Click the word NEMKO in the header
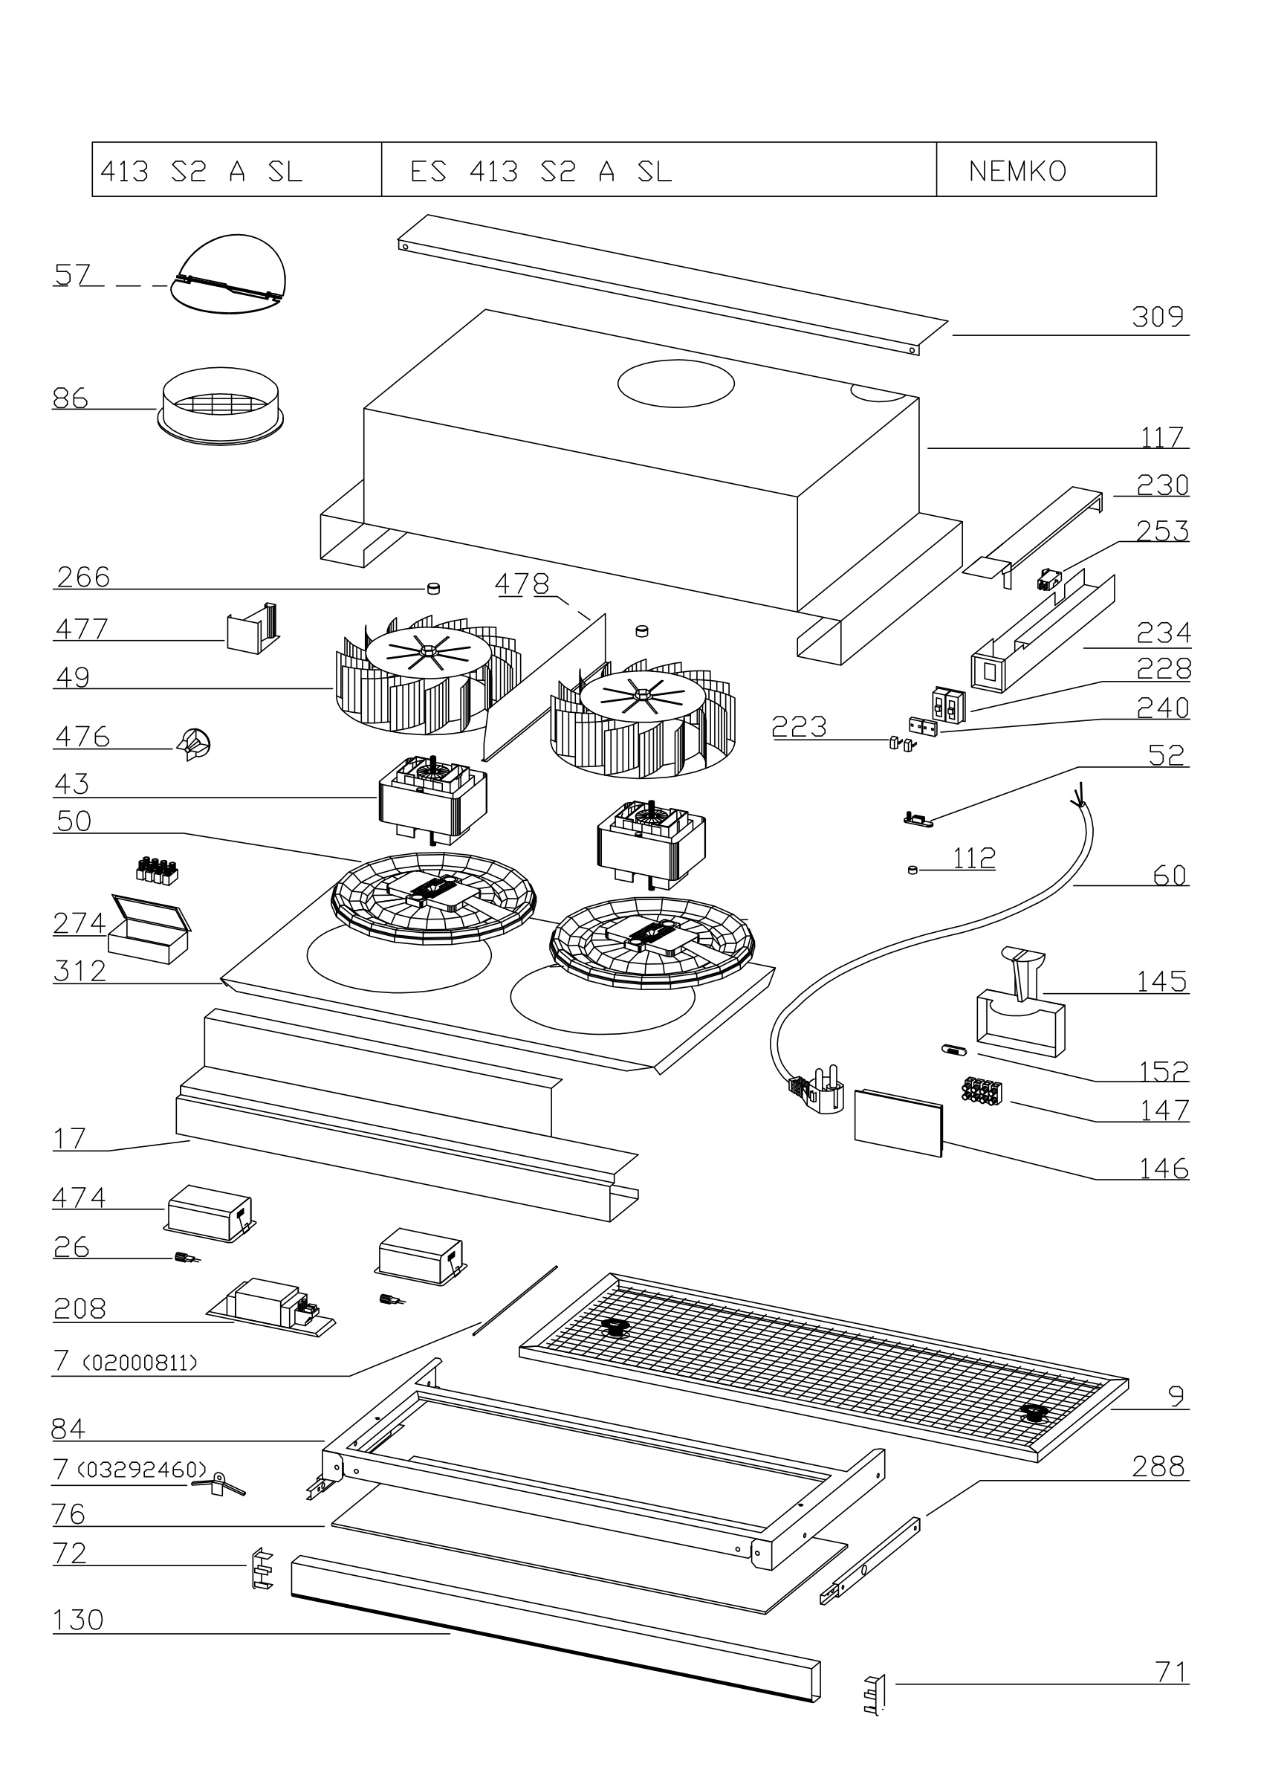(x=1017, y=171)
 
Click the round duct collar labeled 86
(x=221, y=407)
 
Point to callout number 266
(x=84, y=578)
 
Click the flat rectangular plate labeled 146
(x=899, y=1122)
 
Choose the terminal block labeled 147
(x=982, y=1088)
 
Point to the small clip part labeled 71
(x=875, y=1695)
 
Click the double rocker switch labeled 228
(x=949, y=703)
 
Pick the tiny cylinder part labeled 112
(x=913, y=870)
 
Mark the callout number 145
(x=1161, y=981)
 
